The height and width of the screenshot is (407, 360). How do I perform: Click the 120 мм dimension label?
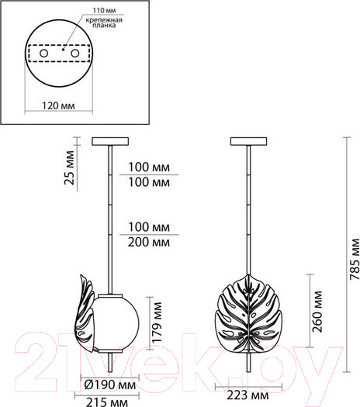click(58, 106)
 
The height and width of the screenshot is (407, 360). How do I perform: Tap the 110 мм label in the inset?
click(105, 11)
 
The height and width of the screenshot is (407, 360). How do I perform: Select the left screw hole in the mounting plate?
click(43, 53)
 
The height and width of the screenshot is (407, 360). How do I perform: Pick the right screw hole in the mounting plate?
click(75, 53)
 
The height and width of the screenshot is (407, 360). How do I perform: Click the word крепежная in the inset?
click(104, 19)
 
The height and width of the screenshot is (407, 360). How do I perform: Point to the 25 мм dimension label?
click(70, 167)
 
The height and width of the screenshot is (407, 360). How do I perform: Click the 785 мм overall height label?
click(355, 259)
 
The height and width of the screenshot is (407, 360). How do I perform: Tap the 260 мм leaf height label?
click(317, 312)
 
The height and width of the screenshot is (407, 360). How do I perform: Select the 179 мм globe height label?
click(157, 322)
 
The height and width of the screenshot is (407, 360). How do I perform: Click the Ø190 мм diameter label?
click(110, 385)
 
